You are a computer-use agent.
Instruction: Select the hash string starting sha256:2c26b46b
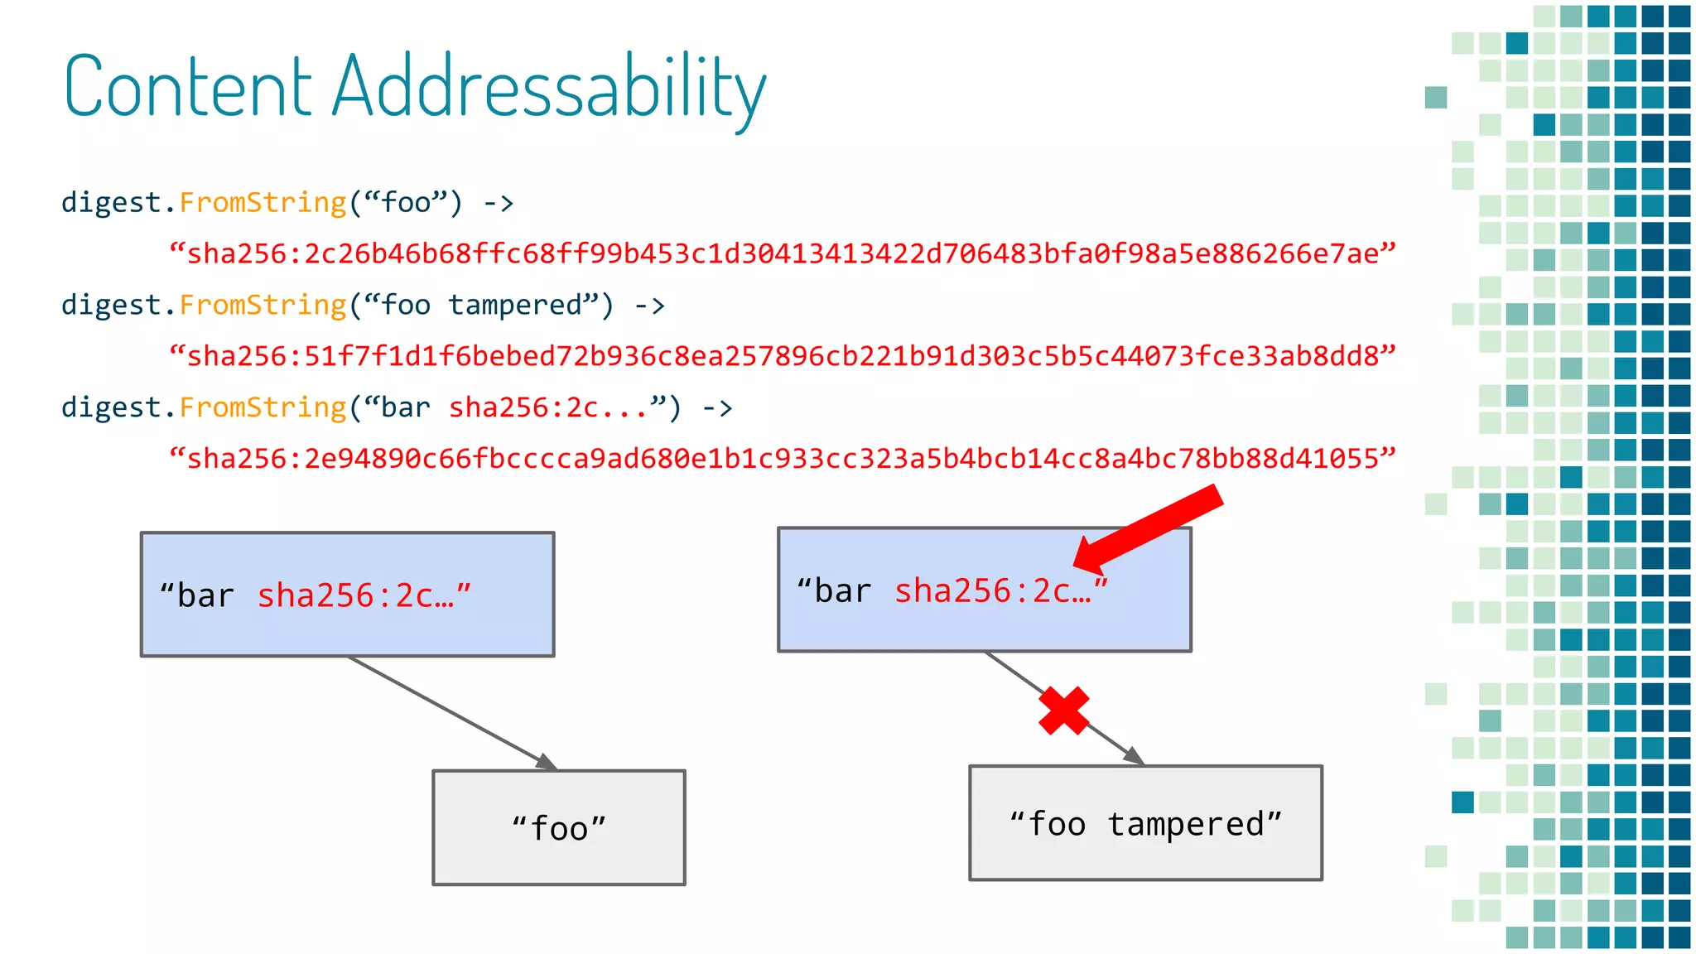coord(783,253)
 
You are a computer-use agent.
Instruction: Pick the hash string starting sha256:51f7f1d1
coord(783,356)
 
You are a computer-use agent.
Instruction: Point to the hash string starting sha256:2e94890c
coord(783,459)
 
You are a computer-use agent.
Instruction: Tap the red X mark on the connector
coord(1064,711)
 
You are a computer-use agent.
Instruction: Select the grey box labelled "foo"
coord(559,827)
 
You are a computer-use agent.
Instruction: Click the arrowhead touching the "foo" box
coord(547,762)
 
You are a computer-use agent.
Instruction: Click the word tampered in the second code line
coord(515,306)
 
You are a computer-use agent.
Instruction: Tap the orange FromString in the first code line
coord(263,203)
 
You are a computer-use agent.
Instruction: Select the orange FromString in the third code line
coord(263,408)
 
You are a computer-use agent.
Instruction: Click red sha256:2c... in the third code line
coord(547,408)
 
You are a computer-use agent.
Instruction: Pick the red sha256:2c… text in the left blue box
coord(357,596)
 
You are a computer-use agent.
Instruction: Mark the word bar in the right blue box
coord(843,591)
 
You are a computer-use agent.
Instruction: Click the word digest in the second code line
coord(111,306)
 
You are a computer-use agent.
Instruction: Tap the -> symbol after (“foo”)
coord(499,203)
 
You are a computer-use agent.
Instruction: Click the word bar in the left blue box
coord(205,596)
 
